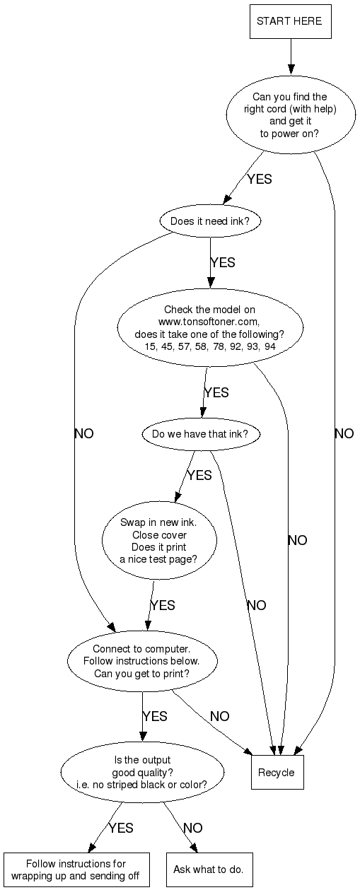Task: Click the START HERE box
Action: pos(291,21)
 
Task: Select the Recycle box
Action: pos(277,772)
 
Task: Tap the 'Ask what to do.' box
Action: pos(209,869)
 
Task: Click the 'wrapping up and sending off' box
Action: pos(76,869)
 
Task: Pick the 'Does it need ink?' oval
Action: pos(210,221)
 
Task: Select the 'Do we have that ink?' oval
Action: pos(201,433)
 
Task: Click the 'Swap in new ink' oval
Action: pos(159,540)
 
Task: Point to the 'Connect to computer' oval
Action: pos(142,661)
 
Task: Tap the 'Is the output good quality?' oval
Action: pos(142,772)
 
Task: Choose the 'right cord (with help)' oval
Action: pos(291,115)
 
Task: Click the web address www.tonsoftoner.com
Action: pos(209,321)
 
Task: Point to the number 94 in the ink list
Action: pos(269,346)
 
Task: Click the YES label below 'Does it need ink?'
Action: pos(223,262)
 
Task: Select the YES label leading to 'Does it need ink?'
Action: pos(260,179)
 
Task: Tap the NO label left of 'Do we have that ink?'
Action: pos(84,433)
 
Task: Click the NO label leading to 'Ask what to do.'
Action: pos(193,828)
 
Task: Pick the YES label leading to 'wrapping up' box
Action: pos(121,828)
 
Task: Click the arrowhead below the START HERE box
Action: pos(291,69)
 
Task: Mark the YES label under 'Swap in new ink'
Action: pos(163,605)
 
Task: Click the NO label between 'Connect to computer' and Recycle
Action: pos(220,716)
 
